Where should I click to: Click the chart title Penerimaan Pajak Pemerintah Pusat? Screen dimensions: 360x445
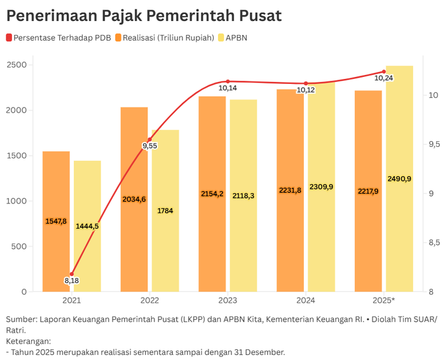pyautogui.click(x=144, y=15)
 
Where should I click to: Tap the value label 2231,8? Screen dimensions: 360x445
pyautogui.click(x=290, y=190)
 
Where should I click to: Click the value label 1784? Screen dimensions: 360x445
pyautogui.click(x=165, y=211)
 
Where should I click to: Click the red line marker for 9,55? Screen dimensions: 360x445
pyautogui.click(x=150, y=139)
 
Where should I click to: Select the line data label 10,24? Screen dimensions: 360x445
pyautogui.click(x=383, y=78)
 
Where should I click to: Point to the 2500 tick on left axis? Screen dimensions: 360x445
pyautogui.click(x=17, y=65)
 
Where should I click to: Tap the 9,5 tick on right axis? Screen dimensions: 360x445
pyautogui.click(x=434, y=144)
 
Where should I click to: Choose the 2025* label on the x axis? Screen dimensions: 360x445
pyautogui.click(x=384, y=300)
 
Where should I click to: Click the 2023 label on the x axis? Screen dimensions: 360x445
pyautogui.click(x=228, y=300)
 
